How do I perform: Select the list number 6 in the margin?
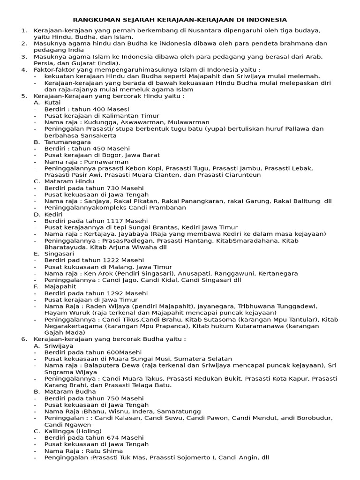click(24, 339)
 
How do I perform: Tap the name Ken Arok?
click(98, 273)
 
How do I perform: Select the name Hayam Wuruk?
click(67, 313)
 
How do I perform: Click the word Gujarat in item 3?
click(81, 63)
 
